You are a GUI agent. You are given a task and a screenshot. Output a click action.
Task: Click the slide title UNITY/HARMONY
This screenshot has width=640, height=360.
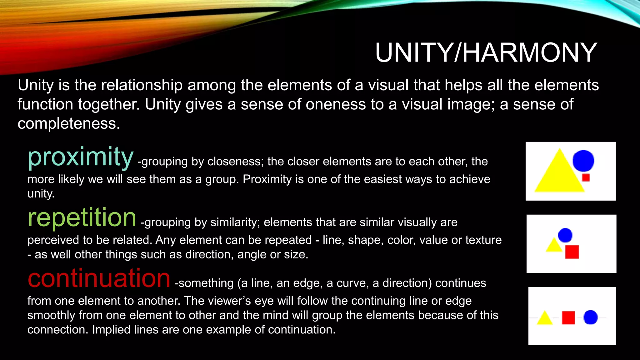(486, 52)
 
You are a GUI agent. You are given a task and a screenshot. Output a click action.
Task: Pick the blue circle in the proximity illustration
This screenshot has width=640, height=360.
(583, 161)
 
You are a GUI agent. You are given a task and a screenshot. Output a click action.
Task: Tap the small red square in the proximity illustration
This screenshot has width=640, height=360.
(586, 178)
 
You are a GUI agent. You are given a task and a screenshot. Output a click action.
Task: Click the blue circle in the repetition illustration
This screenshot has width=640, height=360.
(565, 235)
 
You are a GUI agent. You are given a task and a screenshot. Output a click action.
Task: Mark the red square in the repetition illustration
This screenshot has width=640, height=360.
(572, 252)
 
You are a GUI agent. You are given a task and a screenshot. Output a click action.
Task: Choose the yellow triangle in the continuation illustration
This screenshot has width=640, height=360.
(545, 318)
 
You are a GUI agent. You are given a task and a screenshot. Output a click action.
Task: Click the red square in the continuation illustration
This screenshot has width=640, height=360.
(568, 318)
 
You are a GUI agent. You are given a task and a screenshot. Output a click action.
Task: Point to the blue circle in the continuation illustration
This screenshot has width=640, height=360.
(590, 317)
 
